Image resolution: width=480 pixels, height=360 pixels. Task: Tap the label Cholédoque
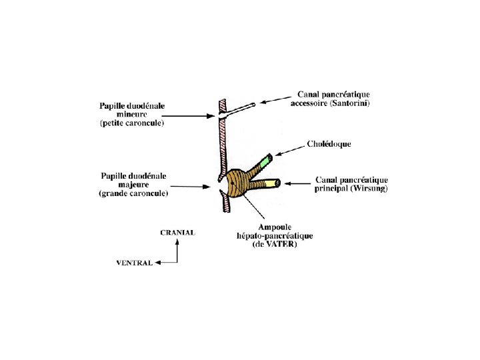point(329,143)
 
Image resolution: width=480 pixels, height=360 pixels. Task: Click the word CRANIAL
point(177,233)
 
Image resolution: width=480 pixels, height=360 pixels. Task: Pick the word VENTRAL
point(134,263)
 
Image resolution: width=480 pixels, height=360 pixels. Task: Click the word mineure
point(133,114)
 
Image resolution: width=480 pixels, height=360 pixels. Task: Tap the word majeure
point(133,185)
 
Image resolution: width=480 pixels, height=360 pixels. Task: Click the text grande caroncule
point(133,193)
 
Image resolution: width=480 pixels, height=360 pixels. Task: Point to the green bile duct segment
point(266,161)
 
